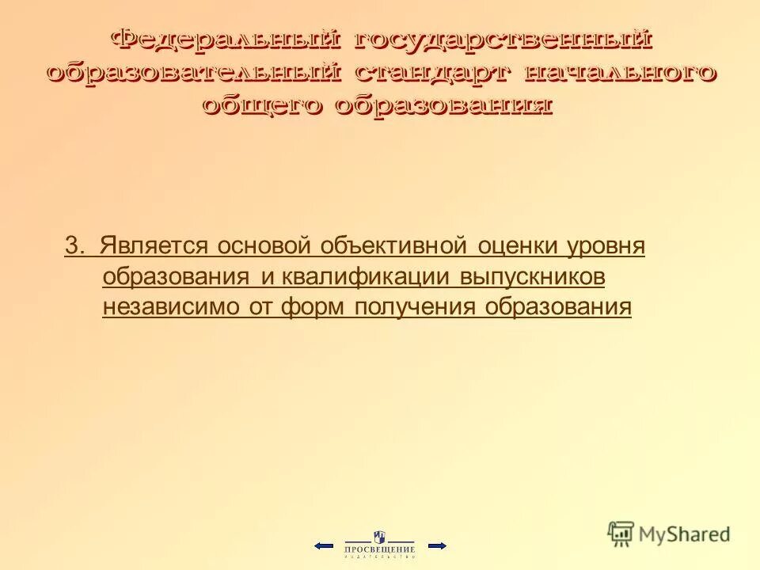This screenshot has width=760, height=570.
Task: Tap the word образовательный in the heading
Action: coord(195,73)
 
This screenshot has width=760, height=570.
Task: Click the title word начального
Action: coord(621,73)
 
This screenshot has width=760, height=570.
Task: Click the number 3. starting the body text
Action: coord(75,246)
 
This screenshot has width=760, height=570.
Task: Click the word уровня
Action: coord(607,246)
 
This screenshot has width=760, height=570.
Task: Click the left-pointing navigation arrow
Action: coord(323,545)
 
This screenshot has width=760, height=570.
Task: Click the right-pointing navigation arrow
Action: coord(437,545)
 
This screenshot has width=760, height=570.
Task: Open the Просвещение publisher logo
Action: coord(380,545)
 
